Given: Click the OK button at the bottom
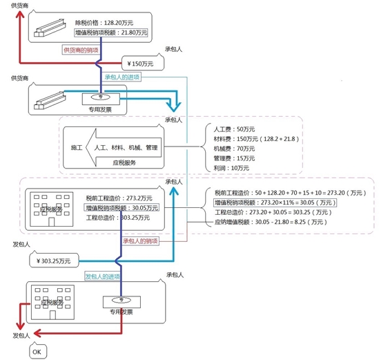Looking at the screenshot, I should [x=37, y=351].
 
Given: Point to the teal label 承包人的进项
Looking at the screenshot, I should [x=122, y=77].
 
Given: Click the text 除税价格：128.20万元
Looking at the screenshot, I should [x=113, y=23].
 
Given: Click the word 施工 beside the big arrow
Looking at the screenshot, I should [x=77, y=148].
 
